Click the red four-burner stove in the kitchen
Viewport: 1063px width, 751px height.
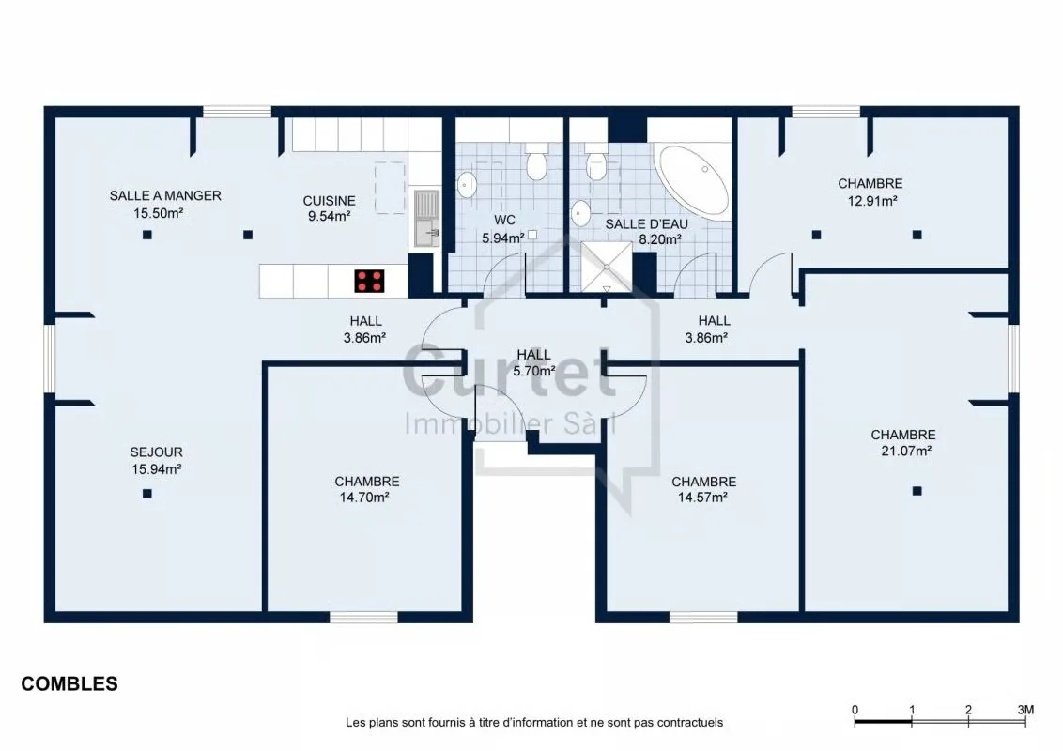(369, 282)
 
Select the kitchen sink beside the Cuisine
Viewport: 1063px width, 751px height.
(426, 218)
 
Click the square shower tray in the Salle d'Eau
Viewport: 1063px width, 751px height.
(607, 268)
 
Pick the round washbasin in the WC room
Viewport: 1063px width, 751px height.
(467, 183)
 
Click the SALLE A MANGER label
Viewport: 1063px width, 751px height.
(165, 196)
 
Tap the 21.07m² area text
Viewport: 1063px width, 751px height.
(906, 451)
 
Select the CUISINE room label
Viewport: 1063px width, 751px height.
(329, 201)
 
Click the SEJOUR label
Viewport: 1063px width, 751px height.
(157, 452)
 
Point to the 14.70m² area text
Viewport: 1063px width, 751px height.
(364, 498)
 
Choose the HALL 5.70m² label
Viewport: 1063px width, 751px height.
(534, 362)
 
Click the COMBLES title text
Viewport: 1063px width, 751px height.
(69, 684)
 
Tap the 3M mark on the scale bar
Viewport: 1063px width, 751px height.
(1025, 710)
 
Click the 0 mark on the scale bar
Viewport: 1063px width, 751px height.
(855, 710)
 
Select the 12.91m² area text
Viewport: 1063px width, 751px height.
(872, 201)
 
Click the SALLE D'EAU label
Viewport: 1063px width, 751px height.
(647, 224)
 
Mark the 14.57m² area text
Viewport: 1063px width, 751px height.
(702, 498)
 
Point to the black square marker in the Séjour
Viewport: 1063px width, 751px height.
(147, 494)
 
